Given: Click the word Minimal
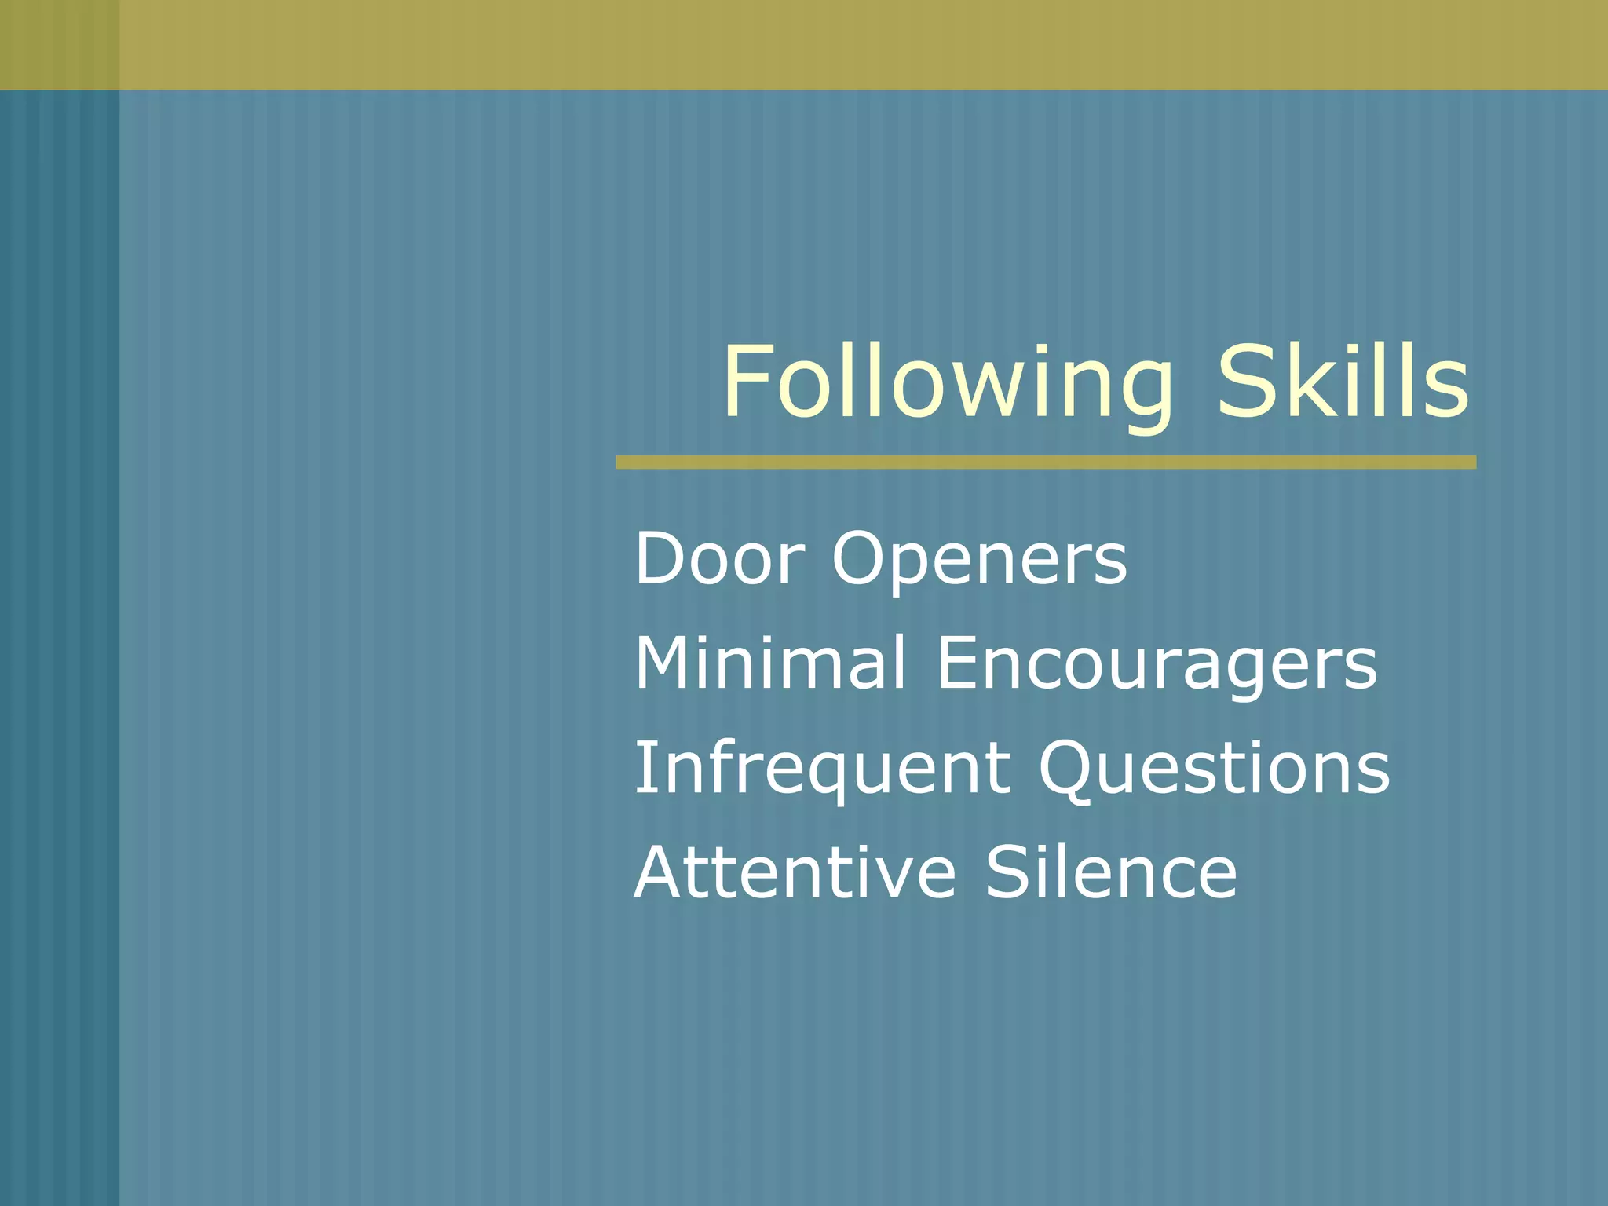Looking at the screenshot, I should click(x=769, y=663).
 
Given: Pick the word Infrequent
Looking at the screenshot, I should click(x=821, y=769).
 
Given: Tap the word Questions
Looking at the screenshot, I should click(x=1214, y=769).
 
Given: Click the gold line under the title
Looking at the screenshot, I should click(x=1046, y=462).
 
